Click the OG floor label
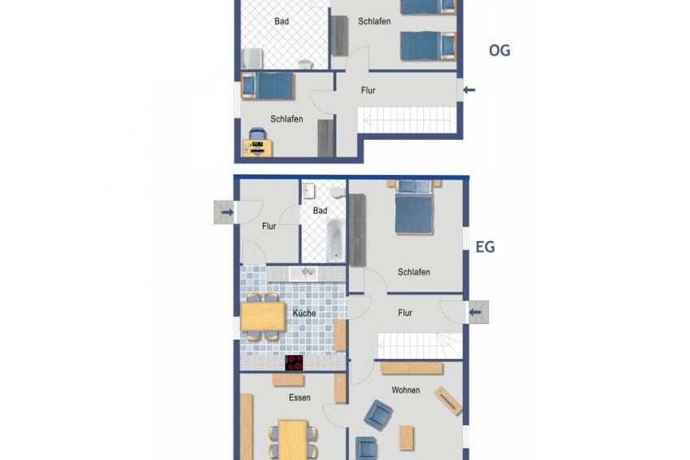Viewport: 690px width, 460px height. pos(500,50)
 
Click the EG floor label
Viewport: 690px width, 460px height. pos(486,247)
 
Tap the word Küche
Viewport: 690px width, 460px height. pos(304,313)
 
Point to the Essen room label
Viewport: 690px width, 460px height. pos(299,397)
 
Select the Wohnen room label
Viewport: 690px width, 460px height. pos(406,390)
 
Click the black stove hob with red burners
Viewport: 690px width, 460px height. pos(294,363)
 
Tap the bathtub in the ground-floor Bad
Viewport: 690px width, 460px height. pos(335,240)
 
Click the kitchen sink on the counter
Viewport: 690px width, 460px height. pos(304,274)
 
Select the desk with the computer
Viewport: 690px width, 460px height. pos(257,148)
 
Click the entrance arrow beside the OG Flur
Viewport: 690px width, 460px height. pos(469,90)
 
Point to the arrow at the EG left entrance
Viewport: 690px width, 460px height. pos(228,212)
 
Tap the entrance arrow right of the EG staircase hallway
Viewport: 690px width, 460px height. pos(475,313)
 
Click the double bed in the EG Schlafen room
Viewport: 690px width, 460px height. pos(413,207)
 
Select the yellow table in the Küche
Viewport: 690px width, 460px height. pos(263,317)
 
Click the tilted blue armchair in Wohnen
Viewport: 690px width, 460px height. pos(378,414)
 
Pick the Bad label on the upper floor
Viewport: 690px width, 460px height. pos(282,21)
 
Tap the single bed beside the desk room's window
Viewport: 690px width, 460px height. pos(268,86)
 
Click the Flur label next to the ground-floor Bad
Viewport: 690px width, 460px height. pos(269,226)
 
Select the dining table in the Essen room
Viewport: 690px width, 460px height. pos(293,440)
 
